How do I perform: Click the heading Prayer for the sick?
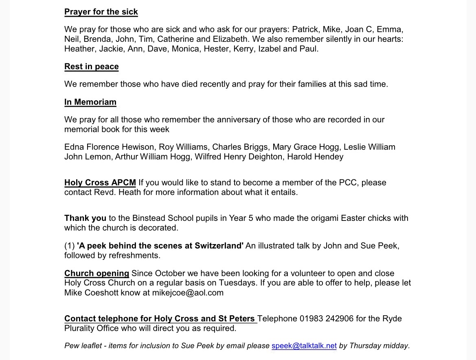pos(101,11)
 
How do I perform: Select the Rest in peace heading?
pos(91,66)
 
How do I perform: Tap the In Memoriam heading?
pos(90,102)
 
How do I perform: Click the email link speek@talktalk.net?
pos(304,346)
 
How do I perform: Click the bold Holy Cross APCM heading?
pos(100,182)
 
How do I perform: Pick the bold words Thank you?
pos(85,218)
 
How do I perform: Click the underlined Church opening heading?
pos(97,273)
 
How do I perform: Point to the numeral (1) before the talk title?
pos(69,246)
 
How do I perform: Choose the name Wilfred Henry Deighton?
pos(239,157)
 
